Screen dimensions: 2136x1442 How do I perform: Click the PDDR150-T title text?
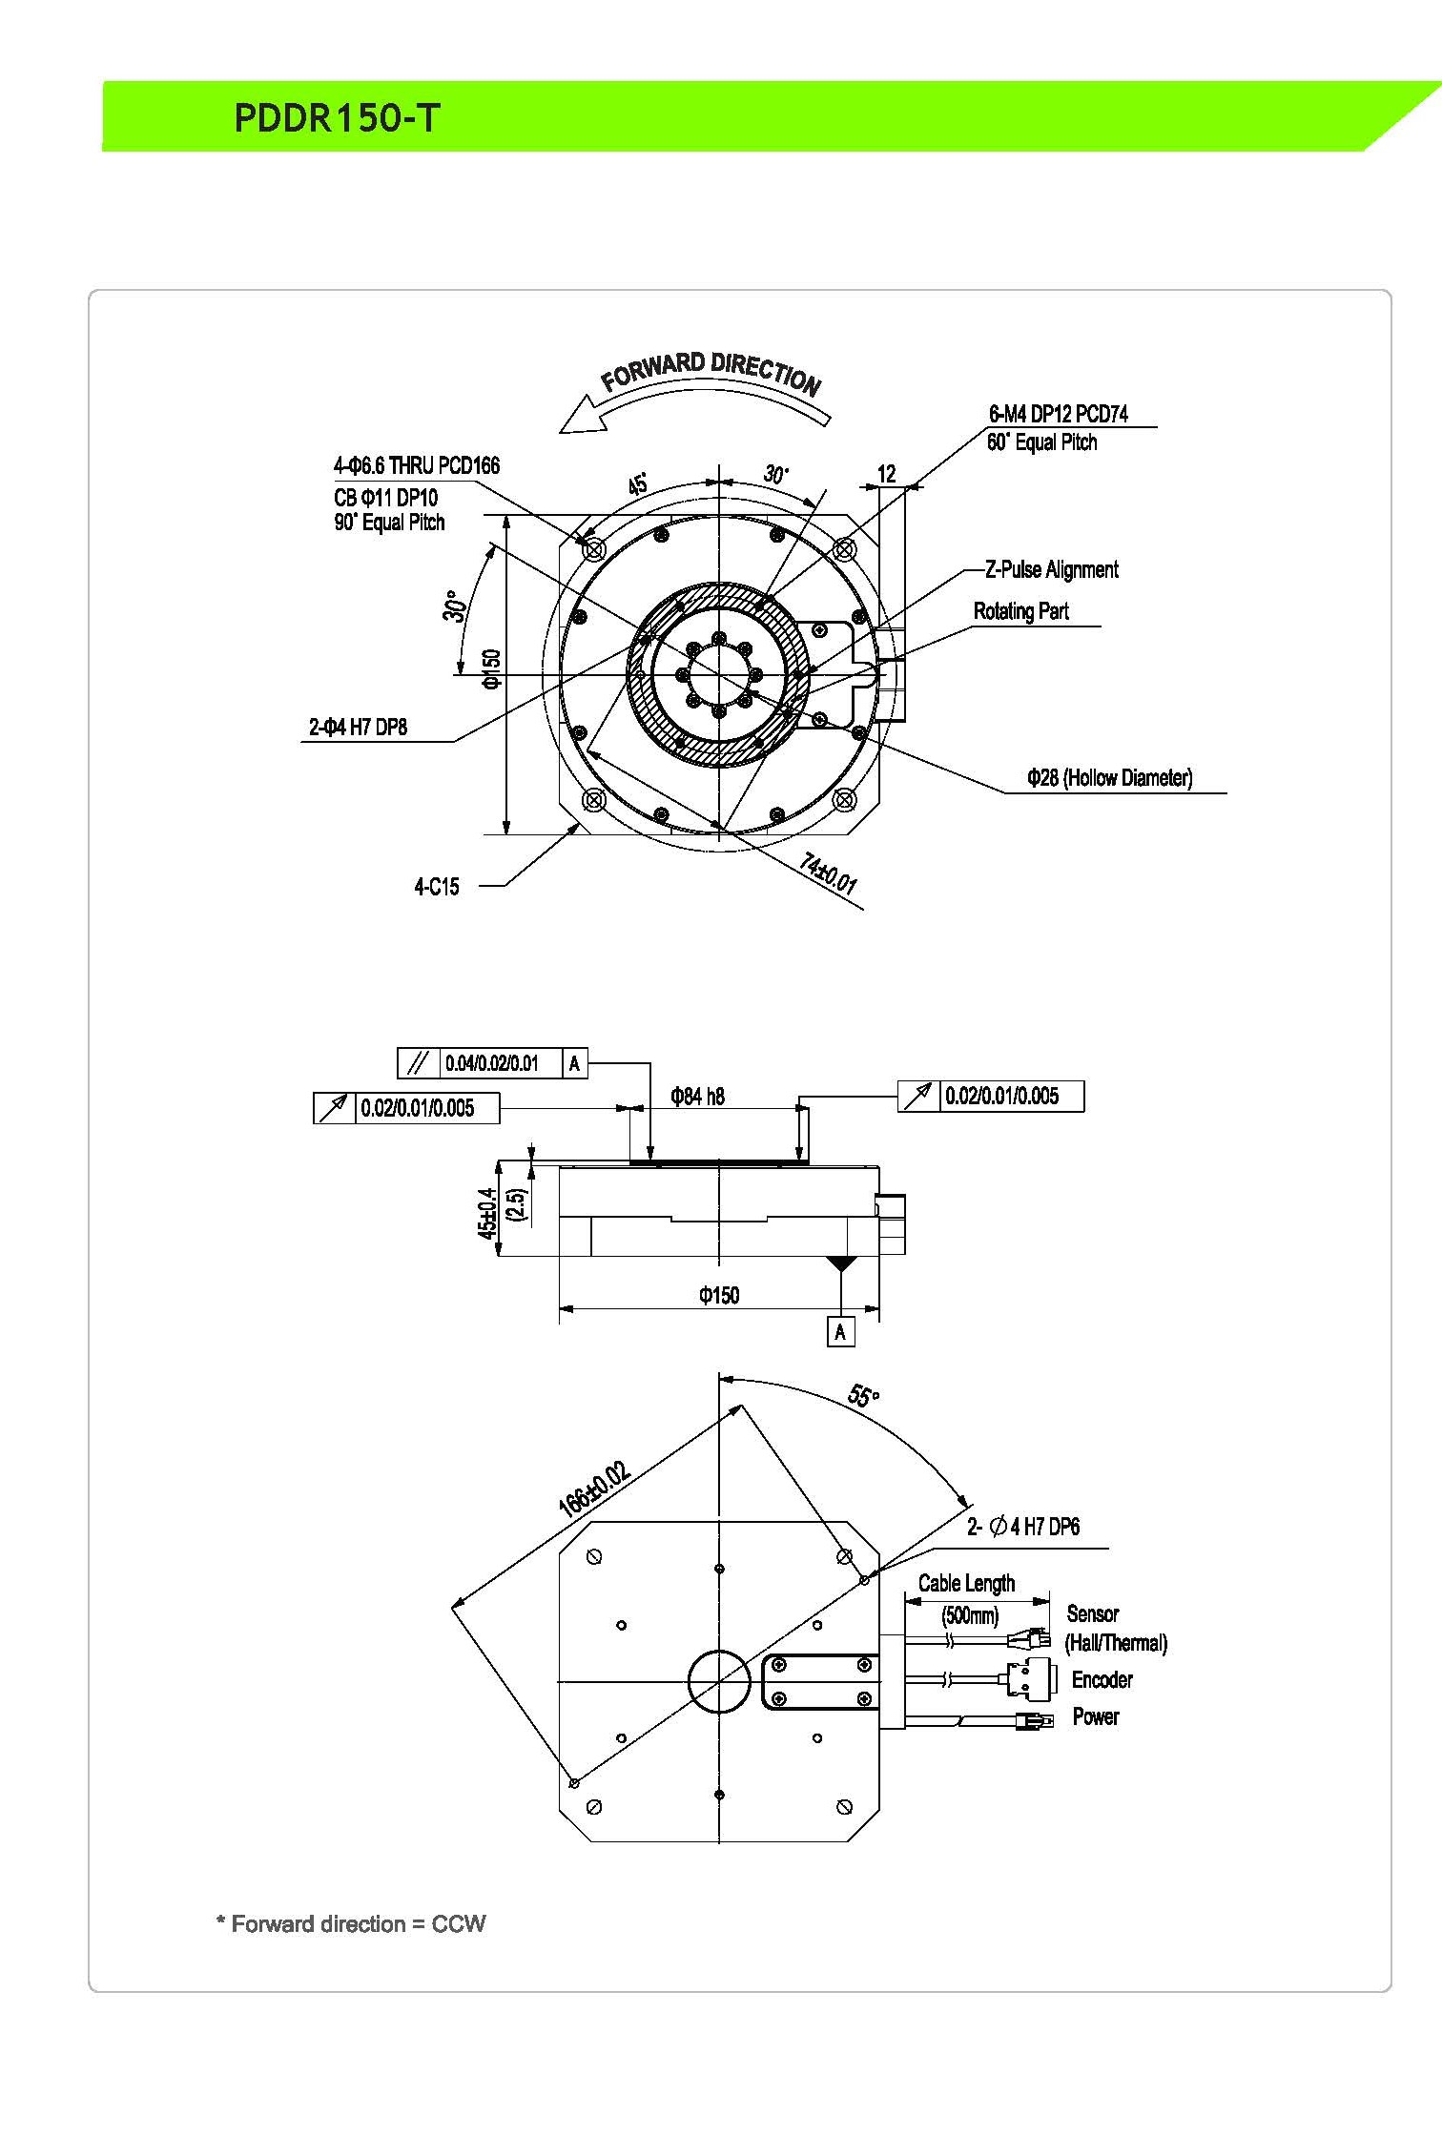[x=336, y=118]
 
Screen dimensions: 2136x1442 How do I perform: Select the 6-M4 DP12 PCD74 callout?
[x=1058, y=414]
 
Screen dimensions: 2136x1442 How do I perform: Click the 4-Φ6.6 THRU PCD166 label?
[x=417, y=465]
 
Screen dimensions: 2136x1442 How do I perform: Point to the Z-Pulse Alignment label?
[x=1051, y=569]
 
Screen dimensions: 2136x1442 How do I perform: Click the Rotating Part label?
[x=1020, y=611]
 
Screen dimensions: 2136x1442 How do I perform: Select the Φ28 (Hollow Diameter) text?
[x=1109, y=777]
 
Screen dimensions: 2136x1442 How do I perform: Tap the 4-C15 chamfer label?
[x=436, y=887]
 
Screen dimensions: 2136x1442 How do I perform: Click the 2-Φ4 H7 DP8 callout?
[x=358, y=727]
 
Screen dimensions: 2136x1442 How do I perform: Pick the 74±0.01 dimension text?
[x=828, y=873]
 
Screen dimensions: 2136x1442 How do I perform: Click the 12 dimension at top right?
[x=887, y=474]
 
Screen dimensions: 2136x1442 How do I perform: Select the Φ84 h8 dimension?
[x=697, y=1097]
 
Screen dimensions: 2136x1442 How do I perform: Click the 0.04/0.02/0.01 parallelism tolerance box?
[x=491, y=1063]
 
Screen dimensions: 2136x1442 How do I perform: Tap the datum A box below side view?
[x=840, y=1331]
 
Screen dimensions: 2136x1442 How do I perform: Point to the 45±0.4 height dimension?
[x=487, y=1213]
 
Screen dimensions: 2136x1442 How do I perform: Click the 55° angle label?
[x=863, y=1397]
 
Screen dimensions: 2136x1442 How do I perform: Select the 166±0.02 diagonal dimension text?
[x=593, y=1489]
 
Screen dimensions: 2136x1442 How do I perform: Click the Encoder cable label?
[x=1102, y=1679]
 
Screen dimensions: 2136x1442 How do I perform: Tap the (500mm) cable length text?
[x=970, y=1615]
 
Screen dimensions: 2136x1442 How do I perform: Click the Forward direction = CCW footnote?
[x=351, y=1923]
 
